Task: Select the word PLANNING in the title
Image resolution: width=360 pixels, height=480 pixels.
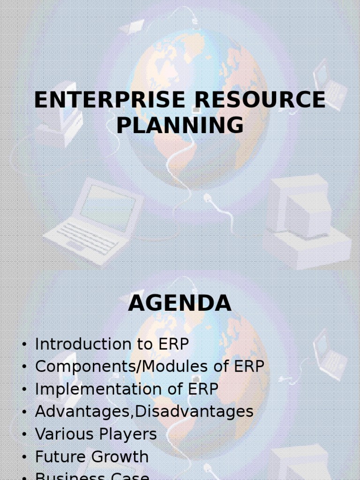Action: tap(180, 126)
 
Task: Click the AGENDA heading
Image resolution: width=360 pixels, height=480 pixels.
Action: tap(180, 303)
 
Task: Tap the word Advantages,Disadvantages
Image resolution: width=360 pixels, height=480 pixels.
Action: tap(144, 412)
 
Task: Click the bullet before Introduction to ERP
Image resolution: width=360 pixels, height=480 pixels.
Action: tap(24, 345)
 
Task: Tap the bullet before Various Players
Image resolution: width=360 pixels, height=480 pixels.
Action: tap(24, 435)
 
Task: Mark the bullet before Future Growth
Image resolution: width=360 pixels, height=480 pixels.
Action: tap(24, 457)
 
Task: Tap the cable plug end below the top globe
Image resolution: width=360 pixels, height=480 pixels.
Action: tap(208, 198)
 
